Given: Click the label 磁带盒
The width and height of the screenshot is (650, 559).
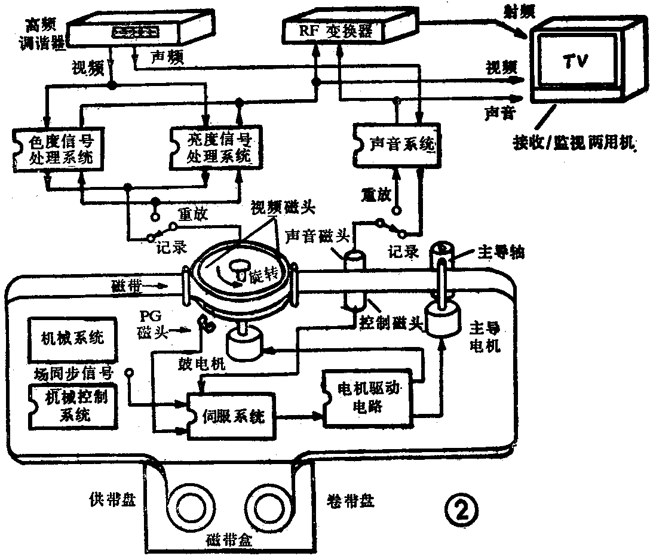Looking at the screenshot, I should pos(230,540).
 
